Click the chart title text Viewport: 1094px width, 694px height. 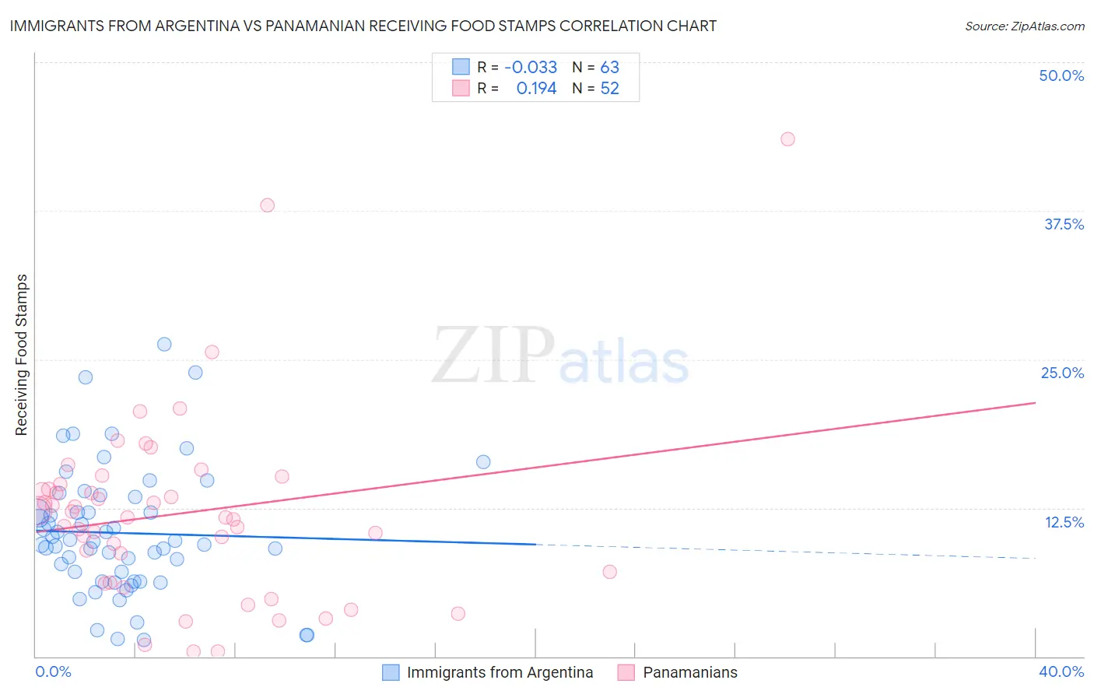(363, 26)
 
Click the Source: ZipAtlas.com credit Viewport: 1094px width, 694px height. (1024, 26)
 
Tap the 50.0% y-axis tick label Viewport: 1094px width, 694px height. (1061, 75)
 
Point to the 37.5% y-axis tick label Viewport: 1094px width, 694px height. (1064, 224)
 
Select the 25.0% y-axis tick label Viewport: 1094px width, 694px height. (1062, 373)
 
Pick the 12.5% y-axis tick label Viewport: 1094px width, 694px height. (1064, 522)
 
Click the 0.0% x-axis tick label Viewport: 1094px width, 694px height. (53, 671)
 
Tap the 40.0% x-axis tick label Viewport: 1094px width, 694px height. (1061, 671)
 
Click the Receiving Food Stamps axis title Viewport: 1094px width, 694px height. (22, 355)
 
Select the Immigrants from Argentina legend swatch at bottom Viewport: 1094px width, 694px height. (391, 672)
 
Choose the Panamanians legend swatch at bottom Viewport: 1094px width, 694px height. (626, 672)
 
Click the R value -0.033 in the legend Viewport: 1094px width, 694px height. (531, 67)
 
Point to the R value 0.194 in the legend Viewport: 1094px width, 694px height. (536, 89)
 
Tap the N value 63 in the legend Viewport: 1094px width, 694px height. (609, 67)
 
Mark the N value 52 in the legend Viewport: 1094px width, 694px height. (609, 89)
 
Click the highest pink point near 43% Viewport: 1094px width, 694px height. (787, 139)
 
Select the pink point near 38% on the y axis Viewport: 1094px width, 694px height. (267, 205)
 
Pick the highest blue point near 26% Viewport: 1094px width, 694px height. (164, 344)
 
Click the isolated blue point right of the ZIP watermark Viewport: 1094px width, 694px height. (483, 462)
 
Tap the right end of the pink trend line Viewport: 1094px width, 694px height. (1035, 402)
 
